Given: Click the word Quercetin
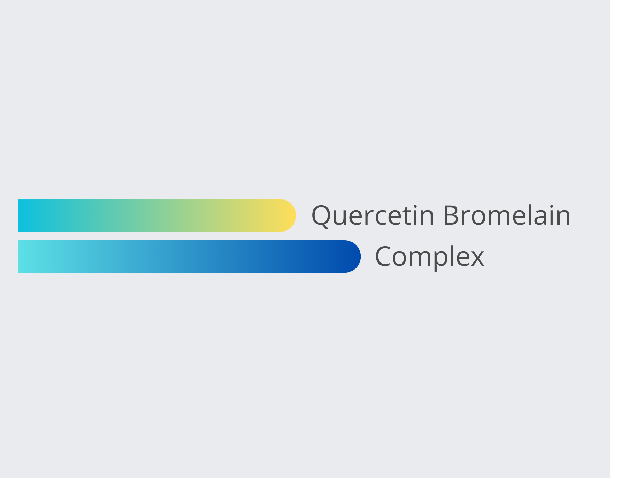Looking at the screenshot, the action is coord(372,215).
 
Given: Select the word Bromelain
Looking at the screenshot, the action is coord(507,215).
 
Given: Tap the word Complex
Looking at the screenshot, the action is coord(429,257).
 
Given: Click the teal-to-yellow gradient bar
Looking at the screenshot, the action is coord(157,215).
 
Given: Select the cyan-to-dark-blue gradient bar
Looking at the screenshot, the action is coord(189,256).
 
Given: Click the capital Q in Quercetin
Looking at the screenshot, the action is coord(321,216).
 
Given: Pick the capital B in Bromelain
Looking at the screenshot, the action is coord(451,215).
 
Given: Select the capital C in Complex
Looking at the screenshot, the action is coord(383,256).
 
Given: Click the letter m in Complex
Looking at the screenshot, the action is coord(411,258).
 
